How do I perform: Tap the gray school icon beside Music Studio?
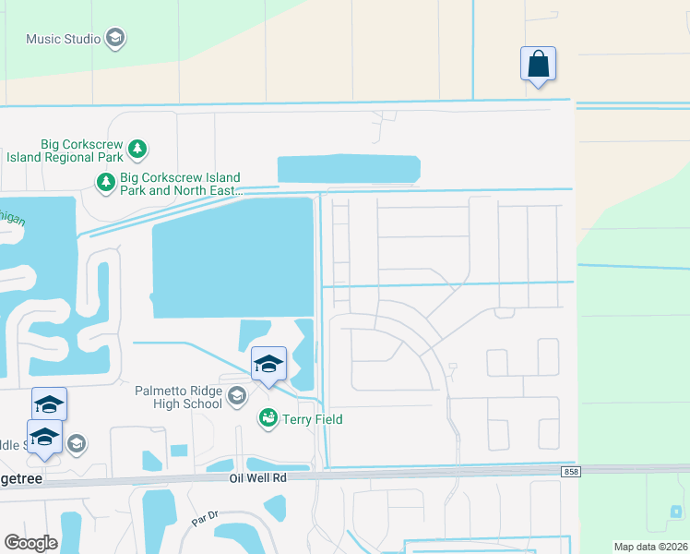[x=115, y=39]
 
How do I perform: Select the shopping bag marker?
[x=538, y=66]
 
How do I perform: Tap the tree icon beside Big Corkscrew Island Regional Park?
[x=137, y=148]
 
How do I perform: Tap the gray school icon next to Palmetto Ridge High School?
[x=236, y=397]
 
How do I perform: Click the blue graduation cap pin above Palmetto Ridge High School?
[x=268, y=364]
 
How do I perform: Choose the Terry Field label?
[x=312, y=419]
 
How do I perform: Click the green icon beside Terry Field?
[x=268, y=419]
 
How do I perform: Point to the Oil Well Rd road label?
[x=258, y=478]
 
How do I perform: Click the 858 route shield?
[x=572, y=472]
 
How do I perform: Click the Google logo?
[x=30, y=542]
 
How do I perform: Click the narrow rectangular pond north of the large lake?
[x=349, y=169]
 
